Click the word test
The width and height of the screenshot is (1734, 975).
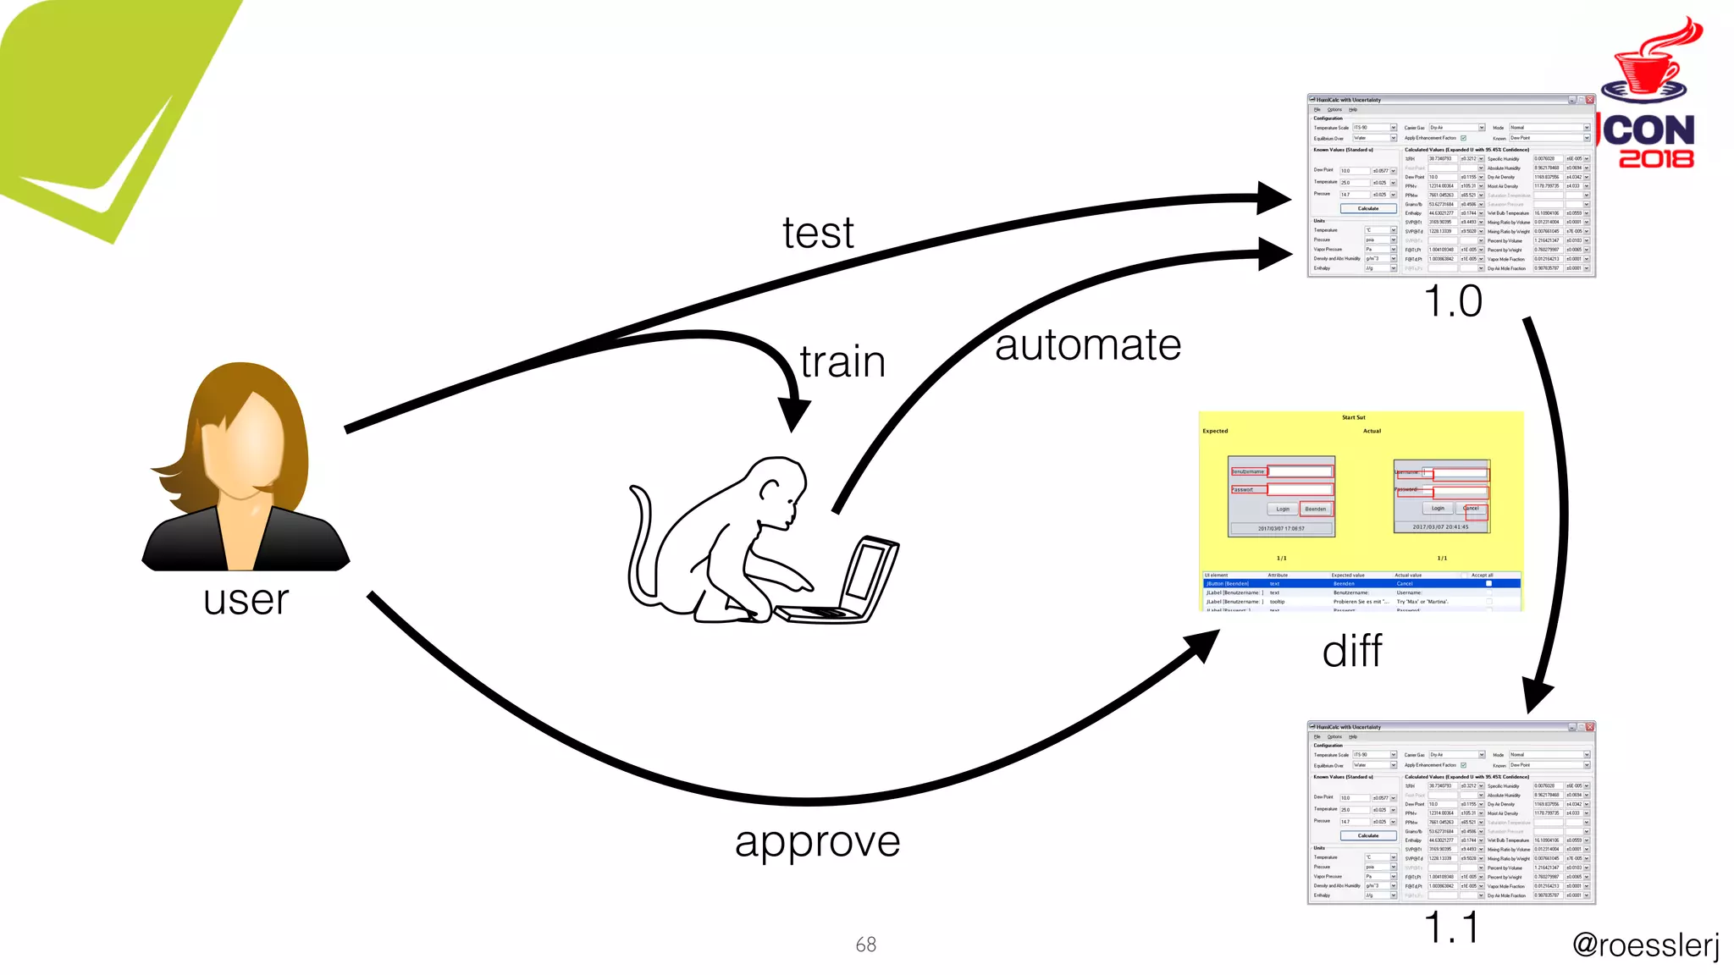[x=818, y=234]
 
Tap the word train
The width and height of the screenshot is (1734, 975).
[x=842, y=362]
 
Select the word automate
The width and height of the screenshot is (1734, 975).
[x=1088, y=345]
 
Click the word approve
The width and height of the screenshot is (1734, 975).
[x=817, y=841]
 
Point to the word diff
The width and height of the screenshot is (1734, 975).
[x=1352, y=652]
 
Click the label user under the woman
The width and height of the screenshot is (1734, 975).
[x=246, y=600]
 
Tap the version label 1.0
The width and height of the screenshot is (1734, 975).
[x=1453, y=301]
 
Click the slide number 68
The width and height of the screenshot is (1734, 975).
[x=865, y=945]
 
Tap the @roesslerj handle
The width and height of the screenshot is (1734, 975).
[x=1645, y=945]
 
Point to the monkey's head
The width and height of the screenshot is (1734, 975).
[x=779, y=486]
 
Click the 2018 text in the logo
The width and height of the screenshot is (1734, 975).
[x=1656, y=158]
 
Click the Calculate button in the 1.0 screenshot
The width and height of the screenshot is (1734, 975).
[x=1368, y=208]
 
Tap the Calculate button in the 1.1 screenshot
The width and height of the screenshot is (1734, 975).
[x=1368, y=835]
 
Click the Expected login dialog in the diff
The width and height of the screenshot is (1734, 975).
[x=1281, y=496]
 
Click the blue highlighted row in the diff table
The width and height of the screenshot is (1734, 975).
[x=1361, y=583]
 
